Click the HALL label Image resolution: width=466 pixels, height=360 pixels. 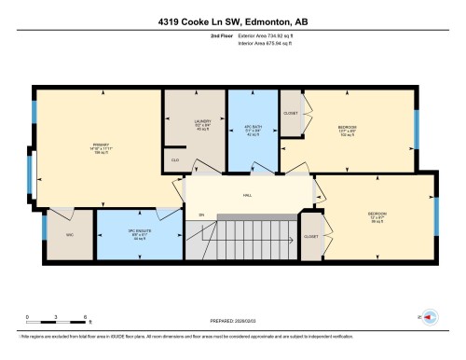coord(248,195)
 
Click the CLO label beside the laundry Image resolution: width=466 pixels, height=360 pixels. coord(174,160)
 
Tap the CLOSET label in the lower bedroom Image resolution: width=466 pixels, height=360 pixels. coord(311,236)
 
